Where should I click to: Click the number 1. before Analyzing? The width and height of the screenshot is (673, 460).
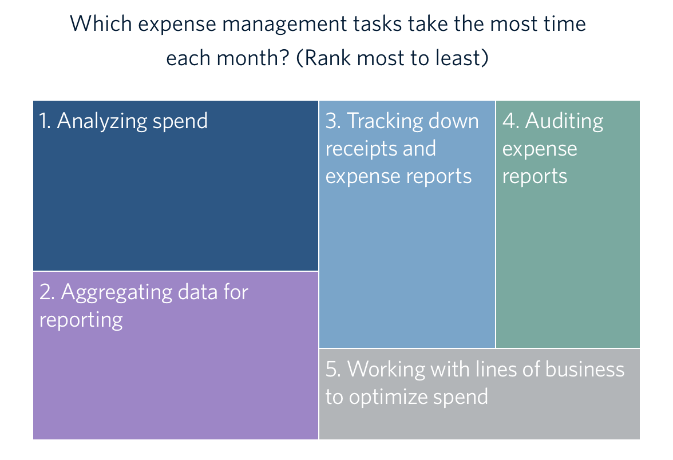45,121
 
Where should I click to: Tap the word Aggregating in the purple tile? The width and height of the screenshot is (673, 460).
116,294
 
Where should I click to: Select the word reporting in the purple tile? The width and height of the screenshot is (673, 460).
81,321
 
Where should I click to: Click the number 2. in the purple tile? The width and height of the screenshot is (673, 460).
47,292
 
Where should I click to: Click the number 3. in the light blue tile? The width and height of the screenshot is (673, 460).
333,121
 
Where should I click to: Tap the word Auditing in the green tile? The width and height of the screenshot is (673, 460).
564,122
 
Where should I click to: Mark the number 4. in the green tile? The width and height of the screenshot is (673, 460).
510,121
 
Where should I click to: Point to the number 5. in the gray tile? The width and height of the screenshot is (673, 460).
334,369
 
